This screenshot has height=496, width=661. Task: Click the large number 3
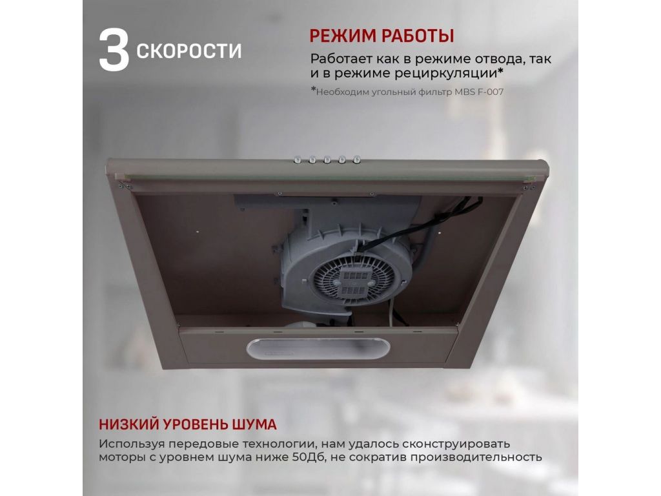point(114,50)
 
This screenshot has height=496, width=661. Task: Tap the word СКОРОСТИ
point(189,50)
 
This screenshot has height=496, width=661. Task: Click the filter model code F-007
point(490,92)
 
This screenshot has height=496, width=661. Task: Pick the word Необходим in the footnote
point(342,92)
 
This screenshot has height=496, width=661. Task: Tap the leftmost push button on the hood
point(297,160)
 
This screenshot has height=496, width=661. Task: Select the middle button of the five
point(327,160)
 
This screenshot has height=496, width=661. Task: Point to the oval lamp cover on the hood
point(318,348)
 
